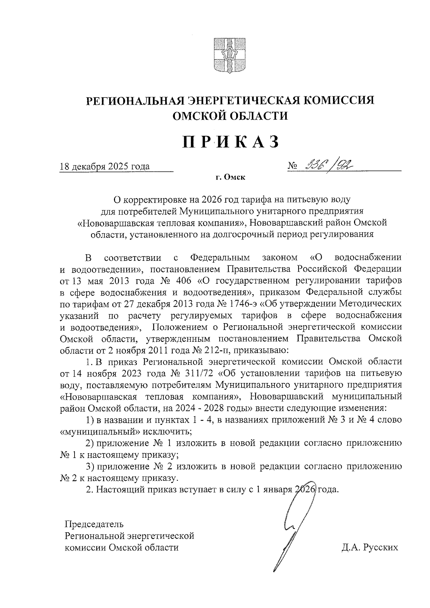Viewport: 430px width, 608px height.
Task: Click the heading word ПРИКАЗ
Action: coord(230,142)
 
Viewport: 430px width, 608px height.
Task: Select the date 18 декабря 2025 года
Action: coord(105,167)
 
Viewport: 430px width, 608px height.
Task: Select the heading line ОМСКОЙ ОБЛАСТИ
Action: coord(230,116)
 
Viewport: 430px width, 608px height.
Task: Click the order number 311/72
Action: coord(200,373)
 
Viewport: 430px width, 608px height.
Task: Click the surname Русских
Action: coord(380,548)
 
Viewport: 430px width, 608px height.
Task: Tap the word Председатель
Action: coord(94,524)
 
